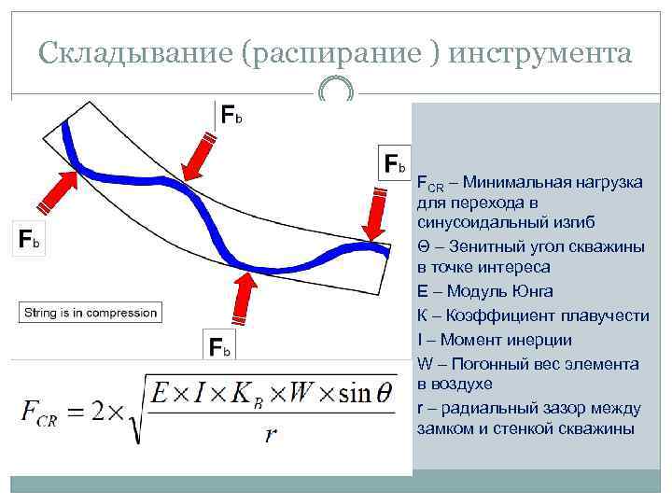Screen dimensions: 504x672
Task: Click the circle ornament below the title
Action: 335,91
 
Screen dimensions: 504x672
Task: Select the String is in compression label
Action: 91,313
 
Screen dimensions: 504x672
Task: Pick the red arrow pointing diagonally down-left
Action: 199,155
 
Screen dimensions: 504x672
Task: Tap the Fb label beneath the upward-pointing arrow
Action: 219,348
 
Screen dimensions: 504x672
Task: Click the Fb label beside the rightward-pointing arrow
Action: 29,240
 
